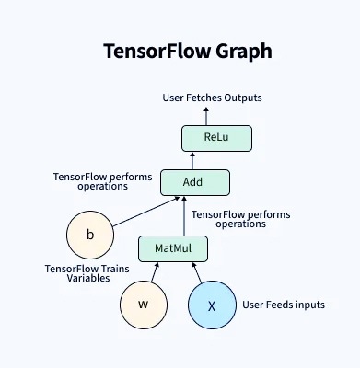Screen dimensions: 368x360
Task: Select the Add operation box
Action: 192,182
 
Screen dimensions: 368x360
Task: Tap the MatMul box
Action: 172,248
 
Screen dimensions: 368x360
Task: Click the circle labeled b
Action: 90,235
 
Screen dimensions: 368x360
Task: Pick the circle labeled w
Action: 143,305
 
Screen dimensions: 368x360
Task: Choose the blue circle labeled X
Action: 212,305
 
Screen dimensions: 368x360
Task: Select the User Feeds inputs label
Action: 284,305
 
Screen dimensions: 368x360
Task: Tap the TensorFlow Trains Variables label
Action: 87,273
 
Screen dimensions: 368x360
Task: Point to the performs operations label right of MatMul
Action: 240,219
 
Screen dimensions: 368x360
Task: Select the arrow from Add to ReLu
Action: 204,161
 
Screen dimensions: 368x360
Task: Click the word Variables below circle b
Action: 65,279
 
